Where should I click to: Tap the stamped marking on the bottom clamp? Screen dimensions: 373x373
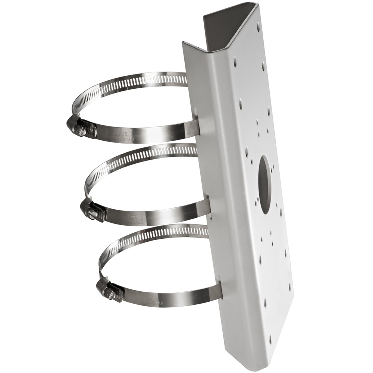151,297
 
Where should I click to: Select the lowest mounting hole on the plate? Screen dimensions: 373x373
270,339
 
